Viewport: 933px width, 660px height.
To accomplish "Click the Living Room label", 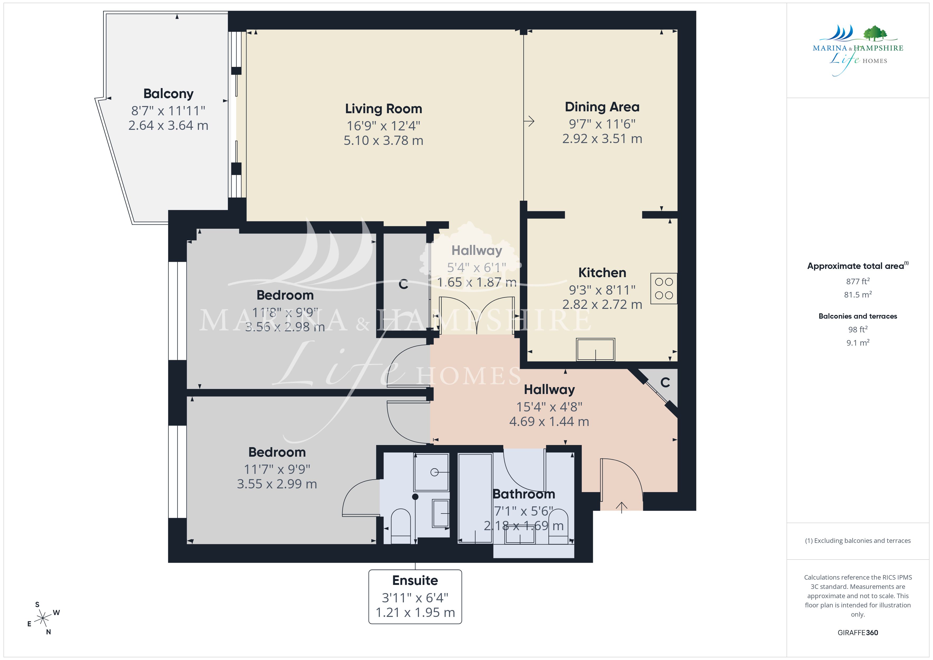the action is [x=384, y=109].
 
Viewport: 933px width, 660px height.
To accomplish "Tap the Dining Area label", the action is [x=602, y=107].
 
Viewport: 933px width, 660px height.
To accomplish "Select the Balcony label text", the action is [x=168, y=94].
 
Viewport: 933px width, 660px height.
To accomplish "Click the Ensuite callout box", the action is [x=415, y=597].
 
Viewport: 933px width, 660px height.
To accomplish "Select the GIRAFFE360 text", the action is [x=858, y=633].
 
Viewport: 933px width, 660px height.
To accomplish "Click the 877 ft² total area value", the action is [x=858, y=281].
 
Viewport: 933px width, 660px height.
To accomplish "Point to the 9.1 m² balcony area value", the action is [x=858, y=343].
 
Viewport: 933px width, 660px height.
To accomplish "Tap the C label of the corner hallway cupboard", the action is [x=665, y=382].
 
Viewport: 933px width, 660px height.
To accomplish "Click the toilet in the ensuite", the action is [x=401, y=526].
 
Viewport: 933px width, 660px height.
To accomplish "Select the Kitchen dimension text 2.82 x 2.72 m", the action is [x=602, y=304].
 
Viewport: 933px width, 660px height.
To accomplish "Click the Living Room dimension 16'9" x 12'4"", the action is [x=384, y=126].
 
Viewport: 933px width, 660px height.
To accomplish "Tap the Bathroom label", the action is [x=524, y=494].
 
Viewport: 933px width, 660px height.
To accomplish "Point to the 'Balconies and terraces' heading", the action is [x=858, y=316].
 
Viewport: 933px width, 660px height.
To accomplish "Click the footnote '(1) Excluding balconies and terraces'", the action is [x=858, y=540].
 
